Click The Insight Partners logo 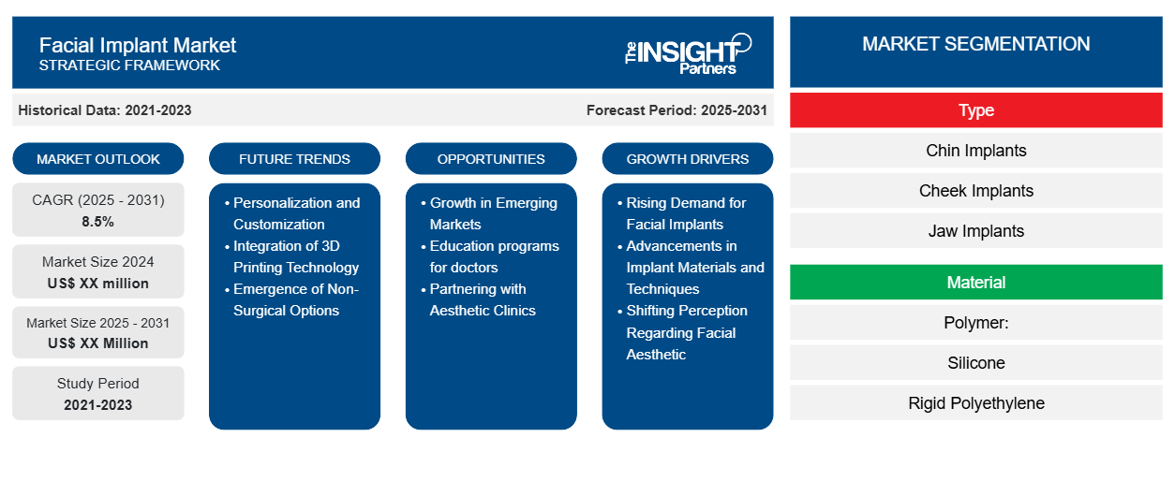[x=688, y=54]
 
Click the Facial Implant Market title [x=138, y=46]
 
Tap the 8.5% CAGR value [x=97, y=222]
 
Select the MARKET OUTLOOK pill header [x=98, y=159]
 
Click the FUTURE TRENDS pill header [x=294, y=159]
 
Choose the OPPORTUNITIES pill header [x=491, y=159]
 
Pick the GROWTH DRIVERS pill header [x=687, y=159]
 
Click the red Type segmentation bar [x=975, y=110]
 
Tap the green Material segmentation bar [x=975, y=283]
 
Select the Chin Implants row [x=975, y=151]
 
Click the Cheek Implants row [x=975, y=191]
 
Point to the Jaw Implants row [x=975, y=231]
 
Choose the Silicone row [x=975, y=362]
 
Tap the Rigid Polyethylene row [x=975, y=402]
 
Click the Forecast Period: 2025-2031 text [x=677, y=110]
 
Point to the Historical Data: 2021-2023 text [x=104, y=110]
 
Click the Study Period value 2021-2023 [x=98, y=405]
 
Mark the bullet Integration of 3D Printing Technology [x=291, y=256]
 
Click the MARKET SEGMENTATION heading [x=975, y=44]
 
